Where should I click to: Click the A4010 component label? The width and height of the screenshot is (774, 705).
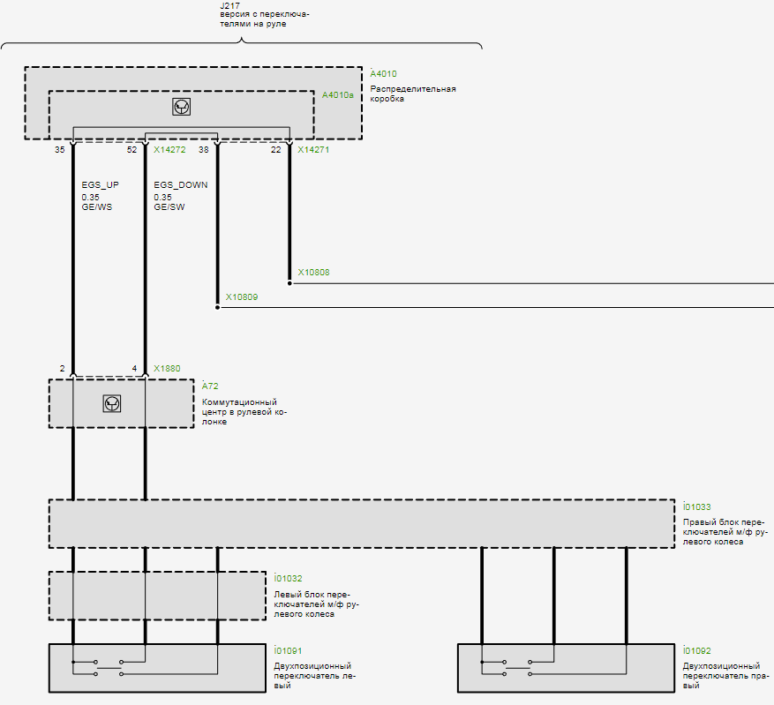coord(383,74)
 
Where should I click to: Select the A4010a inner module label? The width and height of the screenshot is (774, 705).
coord(338,95)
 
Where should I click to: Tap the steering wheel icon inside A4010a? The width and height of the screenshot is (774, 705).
coord(182,107)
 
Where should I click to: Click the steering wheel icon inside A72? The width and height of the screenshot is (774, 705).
coord(112,403)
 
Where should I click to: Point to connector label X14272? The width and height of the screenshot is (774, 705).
coord(169,150)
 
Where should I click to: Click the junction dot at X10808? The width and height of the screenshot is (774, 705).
coord(289,283)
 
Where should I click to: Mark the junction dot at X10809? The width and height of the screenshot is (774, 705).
coord(217,308)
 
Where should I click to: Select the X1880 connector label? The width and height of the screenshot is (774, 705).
coord(167,369)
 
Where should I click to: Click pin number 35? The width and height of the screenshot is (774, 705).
coord(59,150)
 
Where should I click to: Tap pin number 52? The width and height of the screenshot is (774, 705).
coord(132,150)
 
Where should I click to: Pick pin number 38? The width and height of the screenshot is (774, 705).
coord(204,150)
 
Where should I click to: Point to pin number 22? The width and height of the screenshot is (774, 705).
coord(276,150)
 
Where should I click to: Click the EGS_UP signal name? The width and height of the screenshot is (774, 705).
coord(100,185)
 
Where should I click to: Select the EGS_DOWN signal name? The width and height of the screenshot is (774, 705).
coord(180,185)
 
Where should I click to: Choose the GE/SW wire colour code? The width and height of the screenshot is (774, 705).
coord(169,207)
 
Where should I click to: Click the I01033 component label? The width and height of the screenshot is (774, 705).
coord(697,506)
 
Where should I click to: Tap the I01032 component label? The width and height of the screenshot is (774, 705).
coord(289,578)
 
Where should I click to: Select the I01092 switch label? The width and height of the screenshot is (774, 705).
coord(697,651)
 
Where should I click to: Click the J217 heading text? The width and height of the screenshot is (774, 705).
coord(230,5)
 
